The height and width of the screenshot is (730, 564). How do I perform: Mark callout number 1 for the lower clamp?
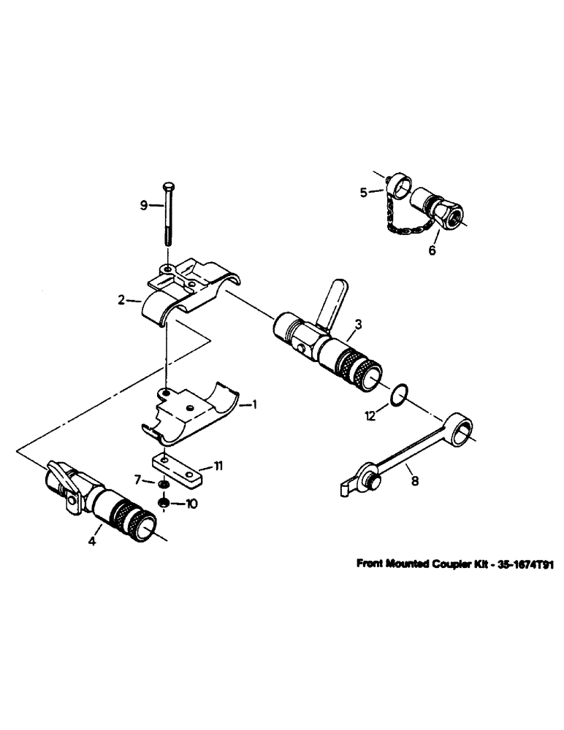point(254,404)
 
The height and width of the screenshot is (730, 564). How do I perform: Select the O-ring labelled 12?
point(396,395)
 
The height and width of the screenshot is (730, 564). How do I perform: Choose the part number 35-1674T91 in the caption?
point(510,564)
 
